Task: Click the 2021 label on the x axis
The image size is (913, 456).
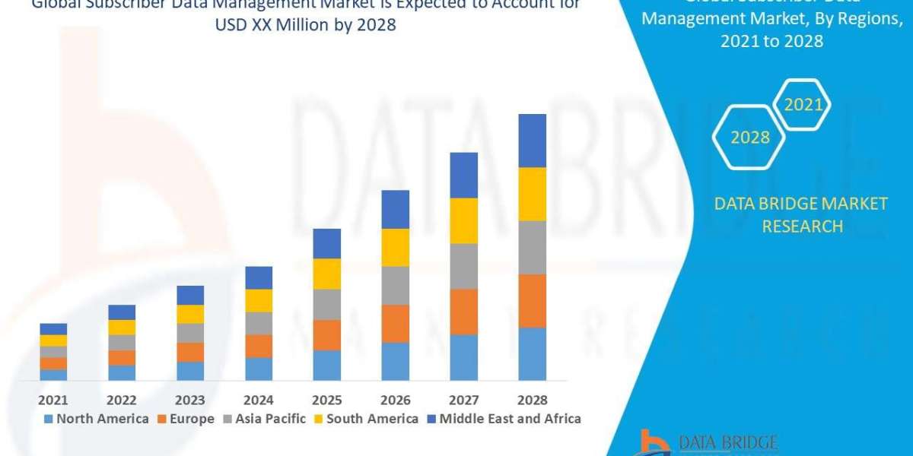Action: [x=53, y=400]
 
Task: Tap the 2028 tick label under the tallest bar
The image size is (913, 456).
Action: [x=532, y=400]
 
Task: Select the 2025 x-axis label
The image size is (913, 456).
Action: [x=327, y=400]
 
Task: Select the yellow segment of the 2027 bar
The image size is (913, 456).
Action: [x=463, y=220]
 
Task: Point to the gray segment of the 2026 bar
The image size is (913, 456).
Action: [x=395, y=285]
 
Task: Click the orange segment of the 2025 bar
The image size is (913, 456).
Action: [x=327, y=334]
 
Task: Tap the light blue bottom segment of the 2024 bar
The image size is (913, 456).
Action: [x=259, y=369]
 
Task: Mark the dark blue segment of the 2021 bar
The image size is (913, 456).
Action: [x=53, y=329]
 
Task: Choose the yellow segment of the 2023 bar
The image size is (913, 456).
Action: [x=190, y=314]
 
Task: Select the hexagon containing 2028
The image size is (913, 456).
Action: [x=749, y=138]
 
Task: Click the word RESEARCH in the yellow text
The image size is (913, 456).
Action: [x=802, y=226]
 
